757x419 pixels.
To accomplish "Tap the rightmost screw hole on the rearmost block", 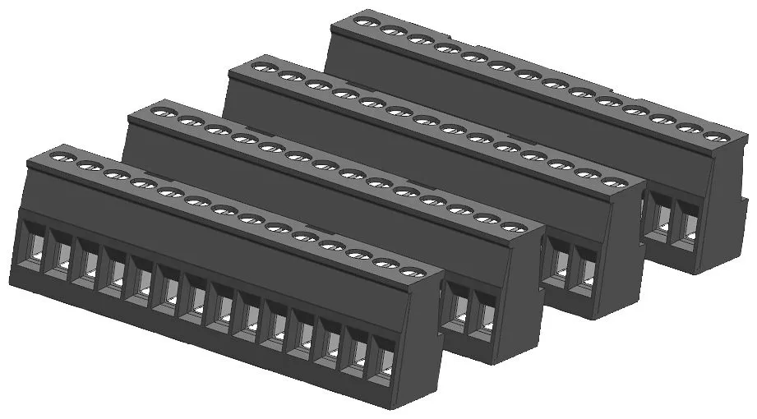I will tap(716, 133).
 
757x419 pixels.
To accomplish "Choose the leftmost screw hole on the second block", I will tap(162, 110).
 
